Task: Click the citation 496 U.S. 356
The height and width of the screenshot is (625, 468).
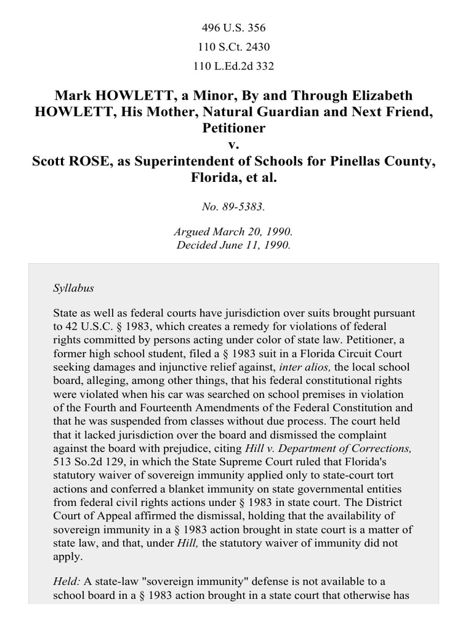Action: coord(233,28)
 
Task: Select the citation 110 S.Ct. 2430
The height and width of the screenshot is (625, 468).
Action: coord(233,47)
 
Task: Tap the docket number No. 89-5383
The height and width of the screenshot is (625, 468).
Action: coord(233,207)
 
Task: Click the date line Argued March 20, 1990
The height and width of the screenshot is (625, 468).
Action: coord(233,233)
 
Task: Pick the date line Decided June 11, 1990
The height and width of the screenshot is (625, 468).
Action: coord(233,245)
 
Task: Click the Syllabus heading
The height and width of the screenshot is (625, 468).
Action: coord(73,287)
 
